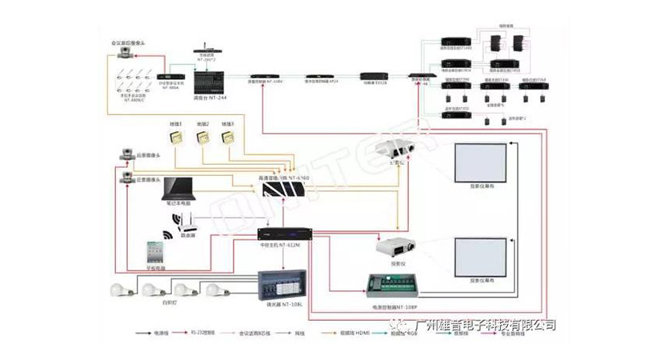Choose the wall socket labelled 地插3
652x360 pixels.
coord(228,138)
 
